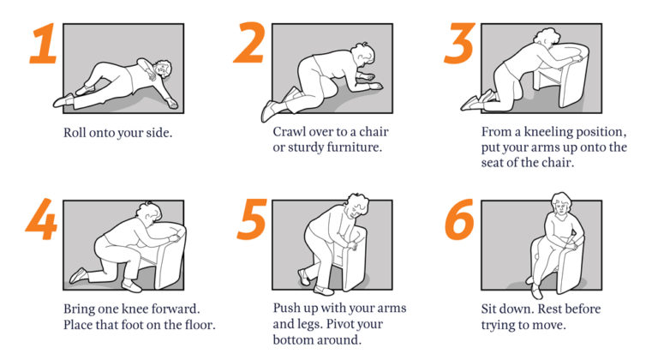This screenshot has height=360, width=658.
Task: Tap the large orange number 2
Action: [x=249, y=45]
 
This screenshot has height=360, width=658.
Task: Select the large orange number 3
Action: [x=459, y=45]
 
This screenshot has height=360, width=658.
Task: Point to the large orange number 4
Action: [x=41, y=221]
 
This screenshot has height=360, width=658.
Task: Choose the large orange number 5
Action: [x=250, y=221]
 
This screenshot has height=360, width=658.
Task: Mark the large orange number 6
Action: [x=459, y=221]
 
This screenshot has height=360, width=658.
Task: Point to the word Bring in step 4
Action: [x=81, y=309]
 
